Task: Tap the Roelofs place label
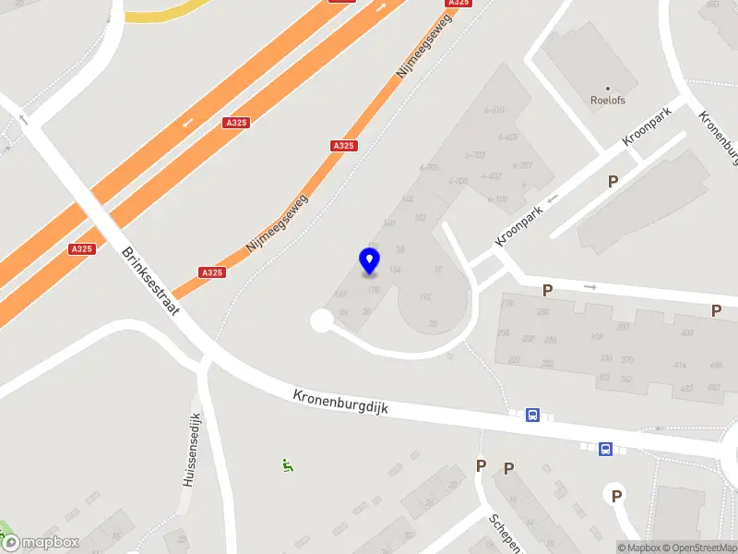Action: tap(608, 100)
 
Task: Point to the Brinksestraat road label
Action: tap(150, 281)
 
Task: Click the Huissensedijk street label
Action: tap(191, 450)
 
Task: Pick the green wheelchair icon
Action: tap(288, 466)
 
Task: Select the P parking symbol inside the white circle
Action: tap(616, 497)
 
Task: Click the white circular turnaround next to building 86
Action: tap(322, 320)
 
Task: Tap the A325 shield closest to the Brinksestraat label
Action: tap(81, 248)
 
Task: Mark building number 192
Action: tap(425, 297)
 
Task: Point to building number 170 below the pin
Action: tap(374, 290)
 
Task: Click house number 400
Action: tap(686, 333)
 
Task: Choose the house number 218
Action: tap(506, 303)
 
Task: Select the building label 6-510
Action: tap(494, 110)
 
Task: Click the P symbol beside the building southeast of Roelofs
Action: tap(613, 182)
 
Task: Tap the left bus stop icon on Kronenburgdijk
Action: tap(533, 415)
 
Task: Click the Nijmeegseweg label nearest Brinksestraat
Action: tap(277, 223)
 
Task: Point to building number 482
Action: tap(714, 387)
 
